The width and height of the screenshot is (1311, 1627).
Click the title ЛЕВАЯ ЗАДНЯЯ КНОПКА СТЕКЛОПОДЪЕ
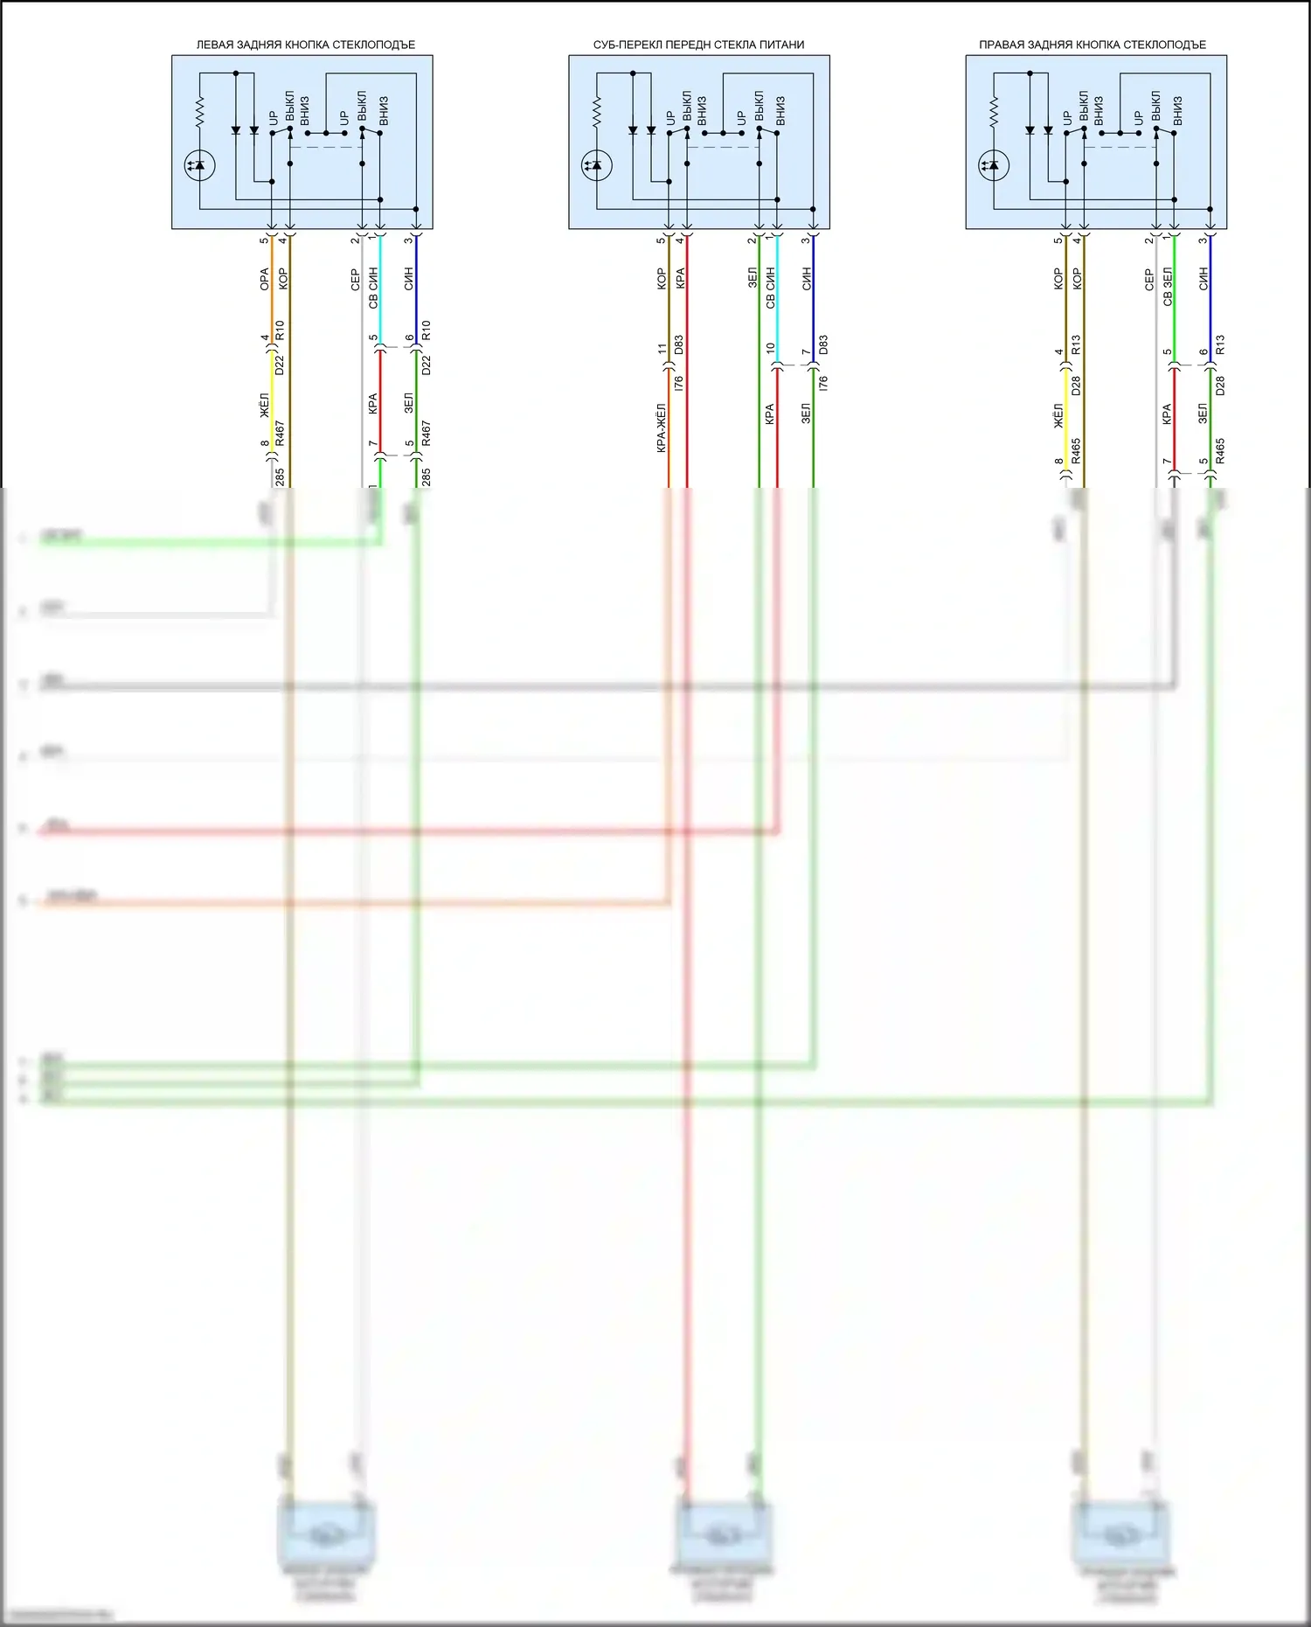point(305,45)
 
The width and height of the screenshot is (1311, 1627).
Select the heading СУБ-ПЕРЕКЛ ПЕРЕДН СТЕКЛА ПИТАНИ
point(698,45)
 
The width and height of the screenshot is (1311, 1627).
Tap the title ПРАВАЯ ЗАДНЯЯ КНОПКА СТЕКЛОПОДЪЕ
point(1092,45)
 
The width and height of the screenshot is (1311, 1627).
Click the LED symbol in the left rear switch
point(200,165)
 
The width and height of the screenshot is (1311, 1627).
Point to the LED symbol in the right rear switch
point(994,165)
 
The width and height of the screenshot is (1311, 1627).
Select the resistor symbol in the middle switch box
point(597,111)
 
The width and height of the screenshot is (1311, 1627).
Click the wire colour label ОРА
point(265,280)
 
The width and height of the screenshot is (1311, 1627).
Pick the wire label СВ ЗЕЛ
point(1168,288)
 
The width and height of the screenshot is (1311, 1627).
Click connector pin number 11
point(662,349)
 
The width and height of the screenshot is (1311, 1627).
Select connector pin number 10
point(770,348)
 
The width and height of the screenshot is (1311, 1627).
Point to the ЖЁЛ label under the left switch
point(265,405)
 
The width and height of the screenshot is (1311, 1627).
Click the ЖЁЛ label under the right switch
point(1058,415)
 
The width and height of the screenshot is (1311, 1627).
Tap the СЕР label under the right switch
point(1149,280)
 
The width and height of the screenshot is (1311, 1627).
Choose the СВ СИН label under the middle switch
point(770,288)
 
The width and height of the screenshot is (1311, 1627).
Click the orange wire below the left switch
point(272,297)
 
